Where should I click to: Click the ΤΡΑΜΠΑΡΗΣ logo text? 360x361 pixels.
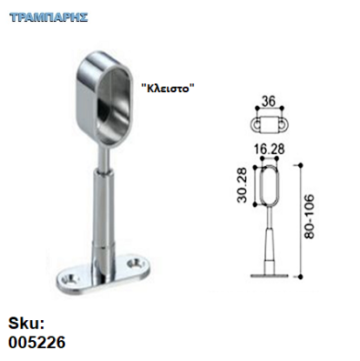[49, 17]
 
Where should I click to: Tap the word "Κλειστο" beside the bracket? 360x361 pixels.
[168, 88]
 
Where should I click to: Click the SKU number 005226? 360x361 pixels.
[37, 343]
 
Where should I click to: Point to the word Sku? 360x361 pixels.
[26, 324]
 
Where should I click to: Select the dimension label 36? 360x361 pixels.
[269, 102]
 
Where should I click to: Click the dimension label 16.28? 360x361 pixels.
[270, 150]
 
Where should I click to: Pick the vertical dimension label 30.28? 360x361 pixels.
[242, 185]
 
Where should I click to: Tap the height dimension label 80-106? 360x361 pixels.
[310, 217]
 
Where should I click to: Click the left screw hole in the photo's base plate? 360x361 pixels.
[70, 279]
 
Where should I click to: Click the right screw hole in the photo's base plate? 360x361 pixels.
[135, 264]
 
